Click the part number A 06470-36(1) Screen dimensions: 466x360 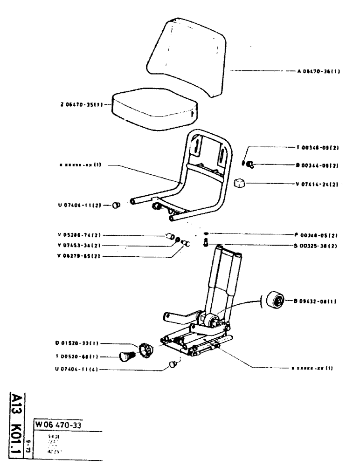[x=318, y=72]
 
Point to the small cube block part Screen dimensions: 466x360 [x=240, y=183]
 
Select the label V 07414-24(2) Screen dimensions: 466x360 [x=317, y=184]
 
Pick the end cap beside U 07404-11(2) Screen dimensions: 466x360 [x=117, y=205]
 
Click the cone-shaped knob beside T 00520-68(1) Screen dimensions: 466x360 [x=126, y=357]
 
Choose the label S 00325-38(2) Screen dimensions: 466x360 [x=317, y=245]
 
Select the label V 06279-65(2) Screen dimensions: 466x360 [x=76, y=256]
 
